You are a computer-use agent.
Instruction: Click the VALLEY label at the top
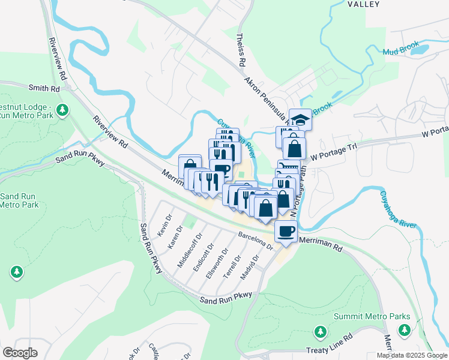point(364,4)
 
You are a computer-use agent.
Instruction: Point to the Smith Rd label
point(47,88)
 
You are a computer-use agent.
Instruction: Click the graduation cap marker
point(300,119)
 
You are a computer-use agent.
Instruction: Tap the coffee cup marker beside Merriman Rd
point(286,230)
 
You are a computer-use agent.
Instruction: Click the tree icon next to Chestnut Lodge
point(62,110)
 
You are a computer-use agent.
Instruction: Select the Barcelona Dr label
point(255,241)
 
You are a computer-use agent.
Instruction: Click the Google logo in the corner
point(20,352)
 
